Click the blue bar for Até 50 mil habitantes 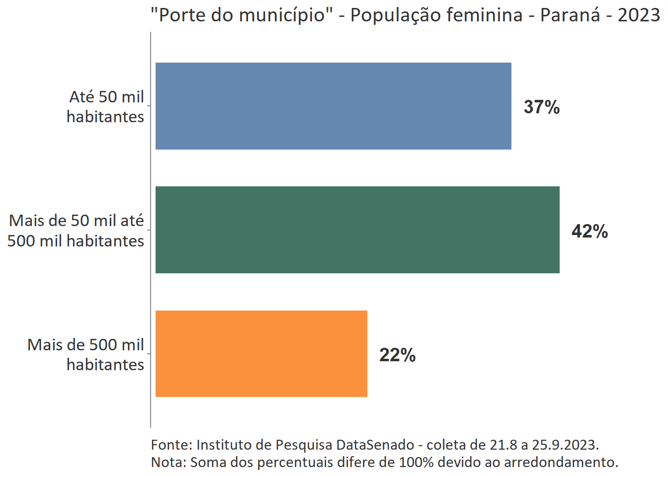click(333, 106)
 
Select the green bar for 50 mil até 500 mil click(357, 230)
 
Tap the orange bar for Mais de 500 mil click(261, 354)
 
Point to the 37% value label click(542, 107)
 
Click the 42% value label click(589, 231)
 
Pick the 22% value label click(397, 355)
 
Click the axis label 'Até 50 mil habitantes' click(105, 106)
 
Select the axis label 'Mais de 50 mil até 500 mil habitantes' click(76, 231)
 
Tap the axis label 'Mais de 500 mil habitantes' click(85, 354)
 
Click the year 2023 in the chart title click(639, 15)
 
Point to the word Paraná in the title click(570, 15)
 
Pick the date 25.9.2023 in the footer click(565, 444)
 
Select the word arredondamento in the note click(561, 462)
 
